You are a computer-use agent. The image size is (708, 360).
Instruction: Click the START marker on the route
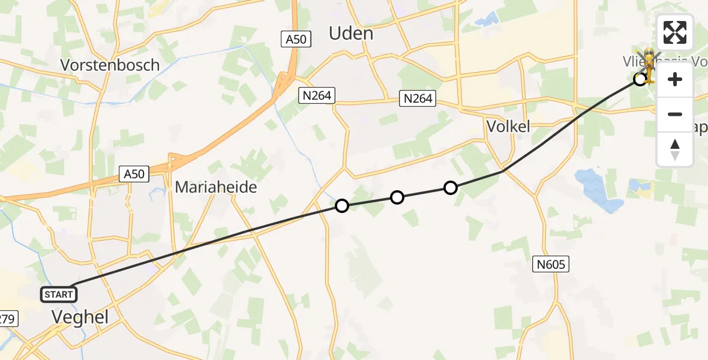tap(59, 294)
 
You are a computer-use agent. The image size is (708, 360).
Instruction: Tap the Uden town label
tap(351, 34)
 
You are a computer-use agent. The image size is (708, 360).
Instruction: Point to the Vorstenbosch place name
tap(110, 65)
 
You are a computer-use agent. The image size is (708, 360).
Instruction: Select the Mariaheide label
tap(216, 187)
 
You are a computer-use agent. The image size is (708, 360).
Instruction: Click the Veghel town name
tap(80, 317)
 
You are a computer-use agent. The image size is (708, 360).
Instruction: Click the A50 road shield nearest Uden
tap(295, 40)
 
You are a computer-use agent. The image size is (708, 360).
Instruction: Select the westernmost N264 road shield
tap(317, 95)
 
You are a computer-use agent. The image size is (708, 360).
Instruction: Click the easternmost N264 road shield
tap(418, 98)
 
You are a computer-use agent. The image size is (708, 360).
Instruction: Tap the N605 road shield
tap(550, 263)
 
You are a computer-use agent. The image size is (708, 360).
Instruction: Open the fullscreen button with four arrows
tap(675, 32)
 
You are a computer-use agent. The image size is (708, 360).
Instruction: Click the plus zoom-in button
tap(675, 79)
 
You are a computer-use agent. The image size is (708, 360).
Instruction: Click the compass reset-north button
tap(675, 149)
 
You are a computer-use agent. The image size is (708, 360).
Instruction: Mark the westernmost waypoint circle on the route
tap(342, 206)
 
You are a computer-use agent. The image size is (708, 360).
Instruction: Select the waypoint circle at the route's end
tap(640, 79)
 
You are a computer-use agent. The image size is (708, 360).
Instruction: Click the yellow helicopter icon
tap(649, 65)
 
